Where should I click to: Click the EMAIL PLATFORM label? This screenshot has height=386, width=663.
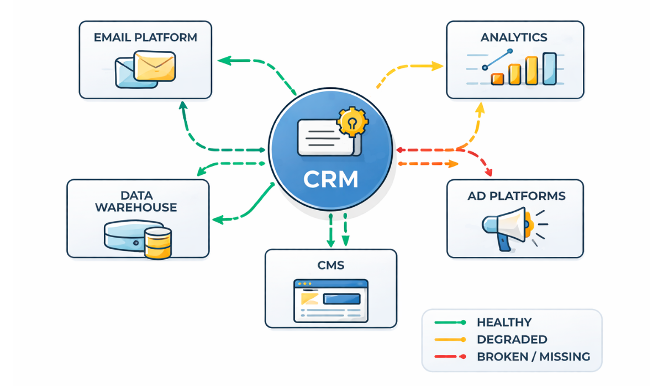[145, 38]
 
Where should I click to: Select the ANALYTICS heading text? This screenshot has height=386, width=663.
[514, 37]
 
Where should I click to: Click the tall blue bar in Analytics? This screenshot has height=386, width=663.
[549, 68]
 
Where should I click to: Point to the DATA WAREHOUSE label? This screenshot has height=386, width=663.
[136, 201]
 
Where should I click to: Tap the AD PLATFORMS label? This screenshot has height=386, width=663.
[515, 196]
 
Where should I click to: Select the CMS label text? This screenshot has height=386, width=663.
[331, 265]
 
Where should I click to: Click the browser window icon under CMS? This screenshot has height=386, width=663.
[331, 301]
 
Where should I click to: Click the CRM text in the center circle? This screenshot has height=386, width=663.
[331, 179]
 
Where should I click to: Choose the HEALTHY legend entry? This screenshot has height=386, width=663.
[504, 323]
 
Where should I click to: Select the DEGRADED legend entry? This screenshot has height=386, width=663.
[512, 340]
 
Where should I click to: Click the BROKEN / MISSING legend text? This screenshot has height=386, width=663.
[533, 356]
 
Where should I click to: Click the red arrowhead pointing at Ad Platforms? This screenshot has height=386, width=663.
[488, 173]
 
